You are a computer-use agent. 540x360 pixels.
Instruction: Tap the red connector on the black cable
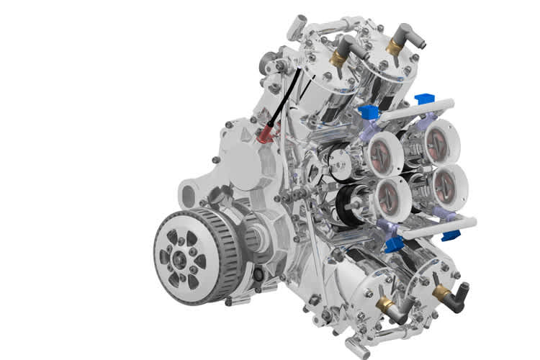pos(267,132)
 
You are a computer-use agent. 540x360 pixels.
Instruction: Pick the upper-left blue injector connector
pos(368,112)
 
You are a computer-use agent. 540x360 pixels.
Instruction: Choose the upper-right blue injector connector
pos(426,99)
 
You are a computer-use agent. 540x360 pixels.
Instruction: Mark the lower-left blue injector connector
pos(394,245)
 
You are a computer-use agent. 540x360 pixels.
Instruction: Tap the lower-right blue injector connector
pos(451,235)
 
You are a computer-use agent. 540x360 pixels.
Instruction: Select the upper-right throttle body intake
pos(437,141)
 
